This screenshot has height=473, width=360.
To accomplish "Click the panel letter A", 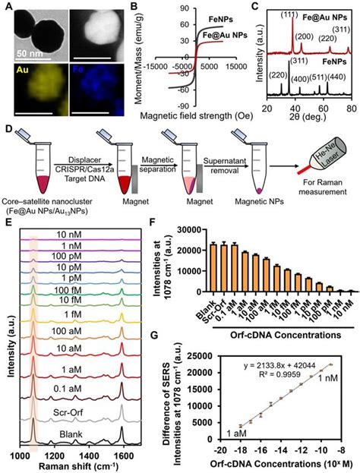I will point(7,7).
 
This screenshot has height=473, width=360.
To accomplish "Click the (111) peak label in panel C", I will point(289,14).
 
